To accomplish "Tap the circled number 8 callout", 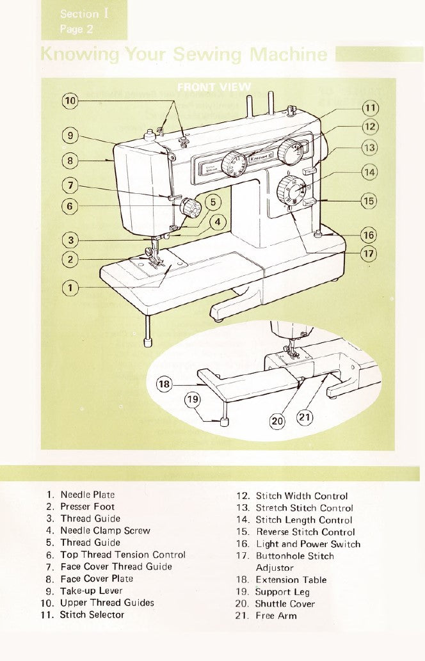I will [x=70, y=160].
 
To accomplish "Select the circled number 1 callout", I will [x=70, y=288].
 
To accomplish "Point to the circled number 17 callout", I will [x=369, y=253].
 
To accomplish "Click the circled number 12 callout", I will [x=369, y=126].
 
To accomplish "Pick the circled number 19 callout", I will [x=193, y=400].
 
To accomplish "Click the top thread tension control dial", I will [x=189, y=207].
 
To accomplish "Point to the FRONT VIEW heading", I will [x=213, y=88].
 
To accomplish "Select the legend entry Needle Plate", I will [x=87, y=495].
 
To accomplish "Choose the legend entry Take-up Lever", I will [x=91, y=591].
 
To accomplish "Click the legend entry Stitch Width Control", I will [x=301, y=496].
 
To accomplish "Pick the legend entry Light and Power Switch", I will [x=308, y=544].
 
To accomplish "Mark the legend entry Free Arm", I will [x=276, y=616].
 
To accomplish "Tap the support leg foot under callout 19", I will [x=224, y=421].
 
